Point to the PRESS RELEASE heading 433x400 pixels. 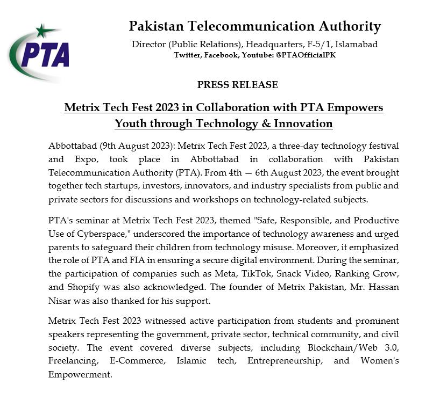coord(237,85)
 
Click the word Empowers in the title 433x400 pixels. coord(356,107)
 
